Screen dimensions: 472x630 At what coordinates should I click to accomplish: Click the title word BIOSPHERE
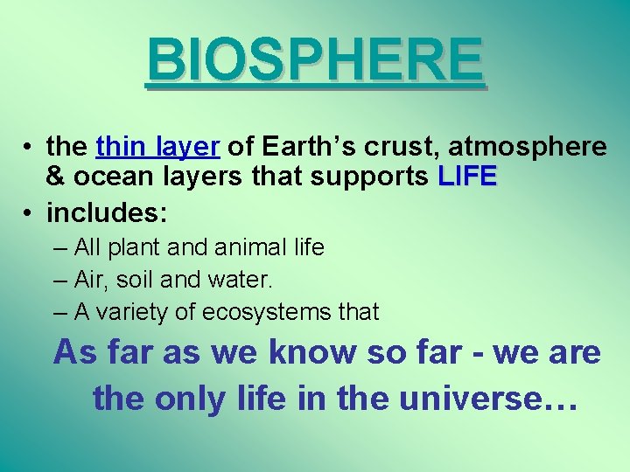tap(315, 59)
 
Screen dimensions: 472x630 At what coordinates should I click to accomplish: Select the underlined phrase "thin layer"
tap(158, 147)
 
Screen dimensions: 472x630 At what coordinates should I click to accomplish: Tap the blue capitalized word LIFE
tap(467, 177)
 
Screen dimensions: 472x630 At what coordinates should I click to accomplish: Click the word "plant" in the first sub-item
tap(134, 248)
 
